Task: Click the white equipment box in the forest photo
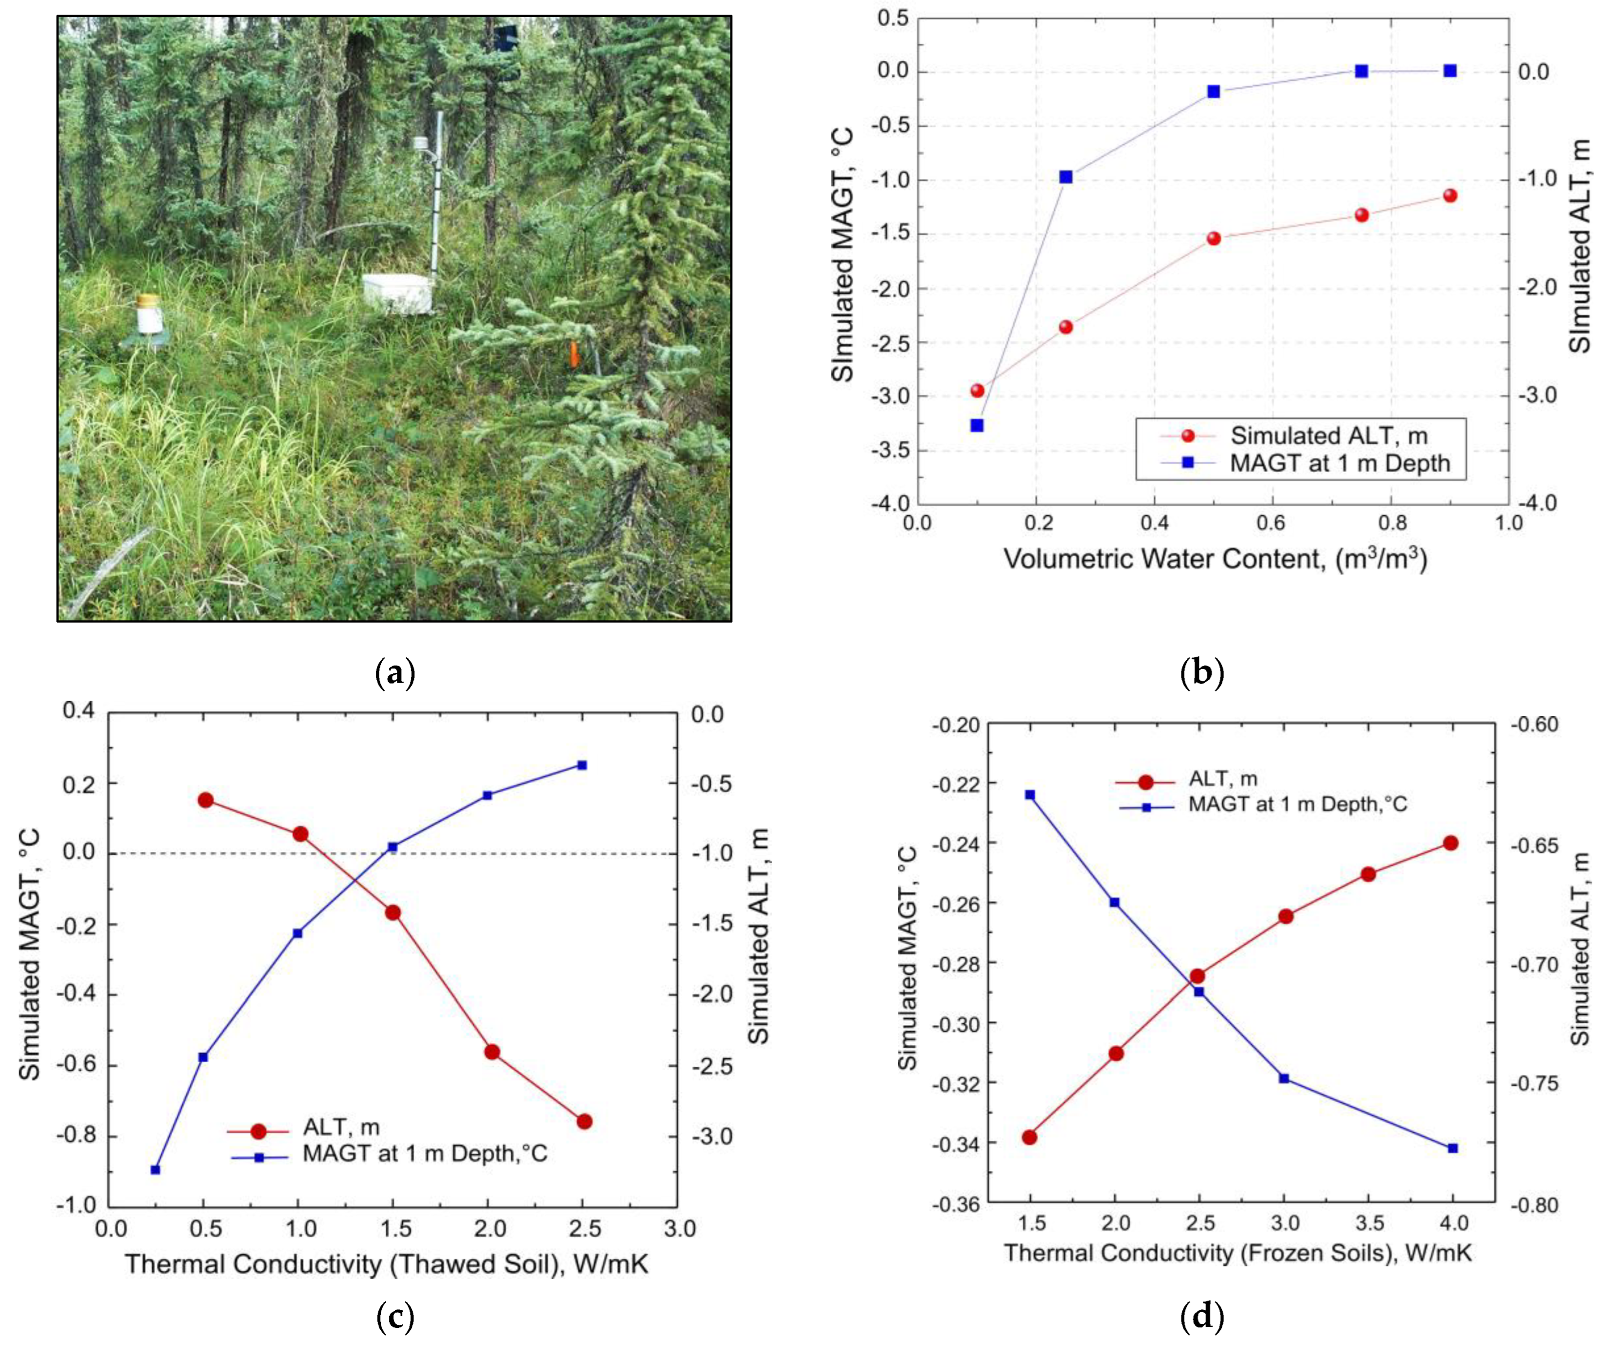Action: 397,294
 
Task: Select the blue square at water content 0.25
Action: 1065,177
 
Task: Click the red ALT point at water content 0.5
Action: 1214,238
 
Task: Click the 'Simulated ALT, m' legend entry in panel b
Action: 1328,436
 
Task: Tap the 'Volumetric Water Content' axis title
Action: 1215,559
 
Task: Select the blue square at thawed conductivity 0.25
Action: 155,1170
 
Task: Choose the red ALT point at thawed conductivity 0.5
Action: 205,800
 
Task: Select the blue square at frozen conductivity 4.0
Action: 1452,1148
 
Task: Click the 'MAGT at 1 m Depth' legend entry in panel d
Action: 1297,804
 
